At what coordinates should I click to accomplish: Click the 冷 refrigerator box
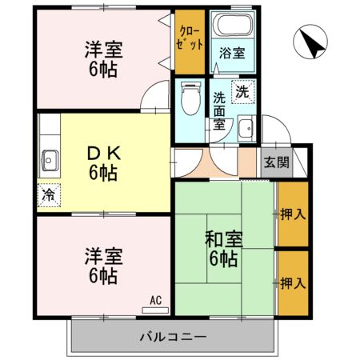coord(49,194)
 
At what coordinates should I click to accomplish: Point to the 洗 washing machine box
coord(242,91)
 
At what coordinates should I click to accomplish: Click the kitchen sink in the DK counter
coord(49,160)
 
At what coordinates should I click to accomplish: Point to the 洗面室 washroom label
coord(221,112)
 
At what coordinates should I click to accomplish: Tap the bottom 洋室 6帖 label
coord(102,266)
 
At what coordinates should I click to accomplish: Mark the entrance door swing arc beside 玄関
coord(274,128)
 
